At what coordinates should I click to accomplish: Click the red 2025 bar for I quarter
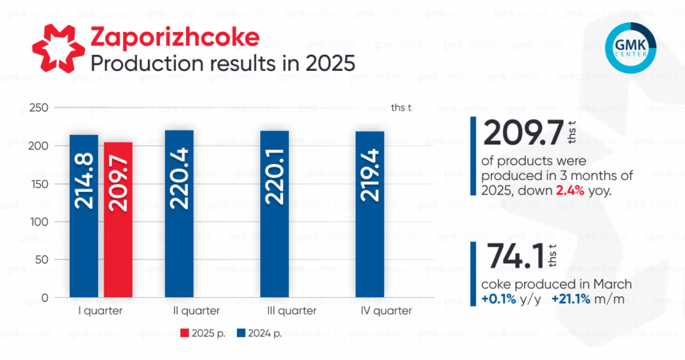(118, 219)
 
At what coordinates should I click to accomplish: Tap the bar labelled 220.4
(179, 213)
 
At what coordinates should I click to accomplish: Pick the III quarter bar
(274, 214)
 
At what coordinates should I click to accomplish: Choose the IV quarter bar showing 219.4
(370, 214)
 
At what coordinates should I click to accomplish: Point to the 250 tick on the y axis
(39, 108)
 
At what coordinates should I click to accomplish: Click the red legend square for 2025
(185, 333)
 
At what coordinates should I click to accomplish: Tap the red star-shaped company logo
(58, 49)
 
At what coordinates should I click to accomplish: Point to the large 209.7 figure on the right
(522, 133)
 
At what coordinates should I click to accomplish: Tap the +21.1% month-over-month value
(571, 299)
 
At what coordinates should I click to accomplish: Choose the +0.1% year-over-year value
(498, 299)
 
